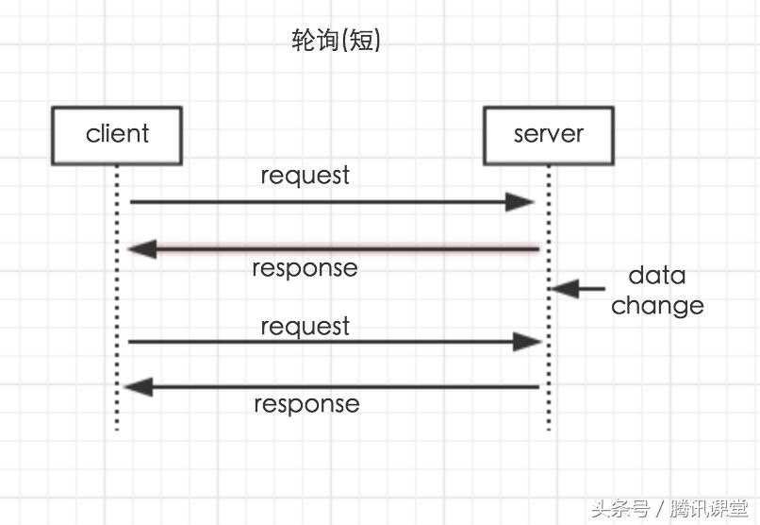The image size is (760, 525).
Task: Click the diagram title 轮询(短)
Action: tap(337, 41)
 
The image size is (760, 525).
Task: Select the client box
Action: tap(117, 135)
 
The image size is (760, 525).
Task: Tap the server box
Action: tap(548, 135)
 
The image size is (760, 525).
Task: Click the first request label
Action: tap(305, 177)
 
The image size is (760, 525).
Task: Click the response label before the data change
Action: tap(305, 268)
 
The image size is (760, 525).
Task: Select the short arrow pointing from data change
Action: tap(577, 289)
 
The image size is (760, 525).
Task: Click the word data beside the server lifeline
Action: tap(657, 276)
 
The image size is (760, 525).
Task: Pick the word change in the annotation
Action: tap(657, 306)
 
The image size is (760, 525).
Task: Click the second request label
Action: tap(305, 327)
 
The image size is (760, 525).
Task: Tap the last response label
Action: tap(306, 404)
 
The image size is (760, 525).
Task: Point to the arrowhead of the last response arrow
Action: tap(138, 387)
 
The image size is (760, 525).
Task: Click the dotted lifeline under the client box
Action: tap(117, 302)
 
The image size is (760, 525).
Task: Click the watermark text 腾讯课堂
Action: tap(709, 509)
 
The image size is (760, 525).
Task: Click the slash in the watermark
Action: tap(660, 509)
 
